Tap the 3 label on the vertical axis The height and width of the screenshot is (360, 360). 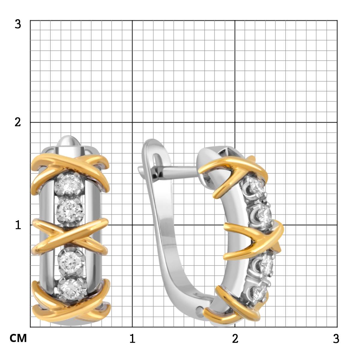tap(18, 24)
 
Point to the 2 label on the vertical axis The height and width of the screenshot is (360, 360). tap(18, 122)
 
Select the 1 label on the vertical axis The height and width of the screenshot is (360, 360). tap(18, 225)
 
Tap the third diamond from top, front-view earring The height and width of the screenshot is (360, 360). tap(71, 262)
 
